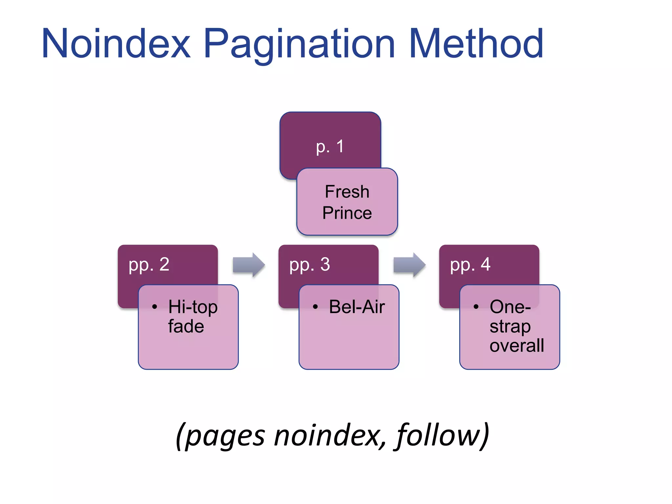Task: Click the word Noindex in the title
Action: click(x=116, y=44)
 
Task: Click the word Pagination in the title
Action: click(x=299, y=44)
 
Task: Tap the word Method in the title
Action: click(x=476, y=44)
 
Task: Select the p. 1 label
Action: click(x=330, y=146)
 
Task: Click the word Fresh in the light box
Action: click(x=347, y=192)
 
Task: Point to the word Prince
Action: click(x=347, y=213)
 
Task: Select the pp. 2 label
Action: click(x=149, y=264)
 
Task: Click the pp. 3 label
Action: click(x=309, y=264)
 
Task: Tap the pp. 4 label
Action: click(x=470, y=264)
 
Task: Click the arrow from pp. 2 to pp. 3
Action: click(x=249, y=265)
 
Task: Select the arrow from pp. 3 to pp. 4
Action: click(x=409, y=265)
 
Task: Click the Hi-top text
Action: click(x=193, y=307)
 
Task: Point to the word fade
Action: click(x=186, y=326)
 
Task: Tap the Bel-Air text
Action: click(x=357, y=307)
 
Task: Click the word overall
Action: click(x=516, y=346)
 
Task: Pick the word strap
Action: click(x=510, y=326)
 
